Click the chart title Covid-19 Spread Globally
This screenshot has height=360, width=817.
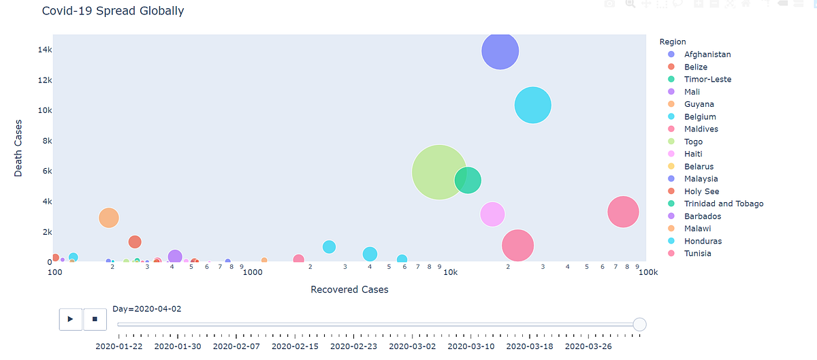[112, 11]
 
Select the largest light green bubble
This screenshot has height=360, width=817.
[439, 172]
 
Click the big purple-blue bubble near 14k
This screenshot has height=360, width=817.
[500, 51]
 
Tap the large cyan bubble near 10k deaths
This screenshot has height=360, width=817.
[532, 105]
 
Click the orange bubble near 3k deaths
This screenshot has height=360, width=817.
[108, 218]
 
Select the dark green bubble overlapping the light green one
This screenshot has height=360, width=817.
[468, 180]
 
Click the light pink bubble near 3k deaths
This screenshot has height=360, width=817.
[492, 214]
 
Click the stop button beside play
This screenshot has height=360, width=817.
[95, 318]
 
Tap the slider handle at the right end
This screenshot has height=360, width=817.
[639, 325]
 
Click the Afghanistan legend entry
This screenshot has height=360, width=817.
[707, 54]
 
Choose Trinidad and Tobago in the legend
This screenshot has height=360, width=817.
[723, 203]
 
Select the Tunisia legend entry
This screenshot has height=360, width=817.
[697, 253]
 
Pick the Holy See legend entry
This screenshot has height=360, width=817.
[701, 191]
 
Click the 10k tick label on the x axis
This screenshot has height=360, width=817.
[449, 272]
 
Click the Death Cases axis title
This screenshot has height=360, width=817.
[18, 148]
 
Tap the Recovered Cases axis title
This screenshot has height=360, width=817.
[349, 290]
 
